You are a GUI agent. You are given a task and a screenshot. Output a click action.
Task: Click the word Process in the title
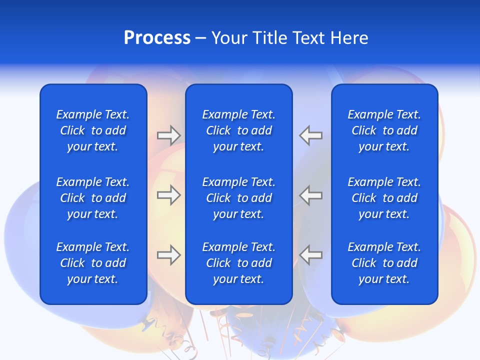click(x=157, y=38)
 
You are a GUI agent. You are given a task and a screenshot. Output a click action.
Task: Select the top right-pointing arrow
click(x=168, y=135)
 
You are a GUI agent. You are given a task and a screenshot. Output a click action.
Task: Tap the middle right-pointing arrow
click(x=168, y=195)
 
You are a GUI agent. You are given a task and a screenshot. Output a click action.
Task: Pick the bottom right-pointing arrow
click(x=168, y=255)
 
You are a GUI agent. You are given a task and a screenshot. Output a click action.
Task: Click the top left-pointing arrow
click(x=311, y=135)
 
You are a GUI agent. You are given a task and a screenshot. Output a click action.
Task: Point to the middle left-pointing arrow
click(x=311, y=195)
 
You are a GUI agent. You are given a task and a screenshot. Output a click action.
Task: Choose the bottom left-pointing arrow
click(x=311, y=255)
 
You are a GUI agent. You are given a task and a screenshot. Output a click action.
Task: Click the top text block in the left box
click(x=93, y=130)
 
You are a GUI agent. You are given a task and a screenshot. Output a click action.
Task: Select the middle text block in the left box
click(x=93, y=198)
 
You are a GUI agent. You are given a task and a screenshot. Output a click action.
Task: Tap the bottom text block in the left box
click(x=93, y=263)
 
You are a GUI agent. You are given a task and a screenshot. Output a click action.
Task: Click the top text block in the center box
click(x=238, y=130)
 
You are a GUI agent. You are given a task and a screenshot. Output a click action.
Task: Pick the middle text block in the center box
click(x=238, y=198)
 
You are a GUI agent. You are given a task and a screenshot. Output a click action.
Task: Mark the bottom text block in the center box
click(x=238, y=263)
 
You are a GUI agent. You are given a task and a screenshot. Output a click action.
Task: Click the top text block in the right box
click(x=384, y=130)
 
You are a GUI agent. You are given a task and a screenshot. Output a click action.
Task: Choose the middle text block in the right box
click(x=384, y=198)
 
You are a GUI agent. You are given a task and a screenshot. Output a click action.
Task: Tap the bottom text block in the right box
click(x=384, y=263)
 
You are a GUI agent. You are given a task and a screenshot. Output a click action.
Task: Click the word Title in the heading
click(x=269, y=38)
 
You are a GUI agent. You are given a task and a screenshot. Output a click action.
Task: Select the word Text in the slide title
click(x=308, y=38)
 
